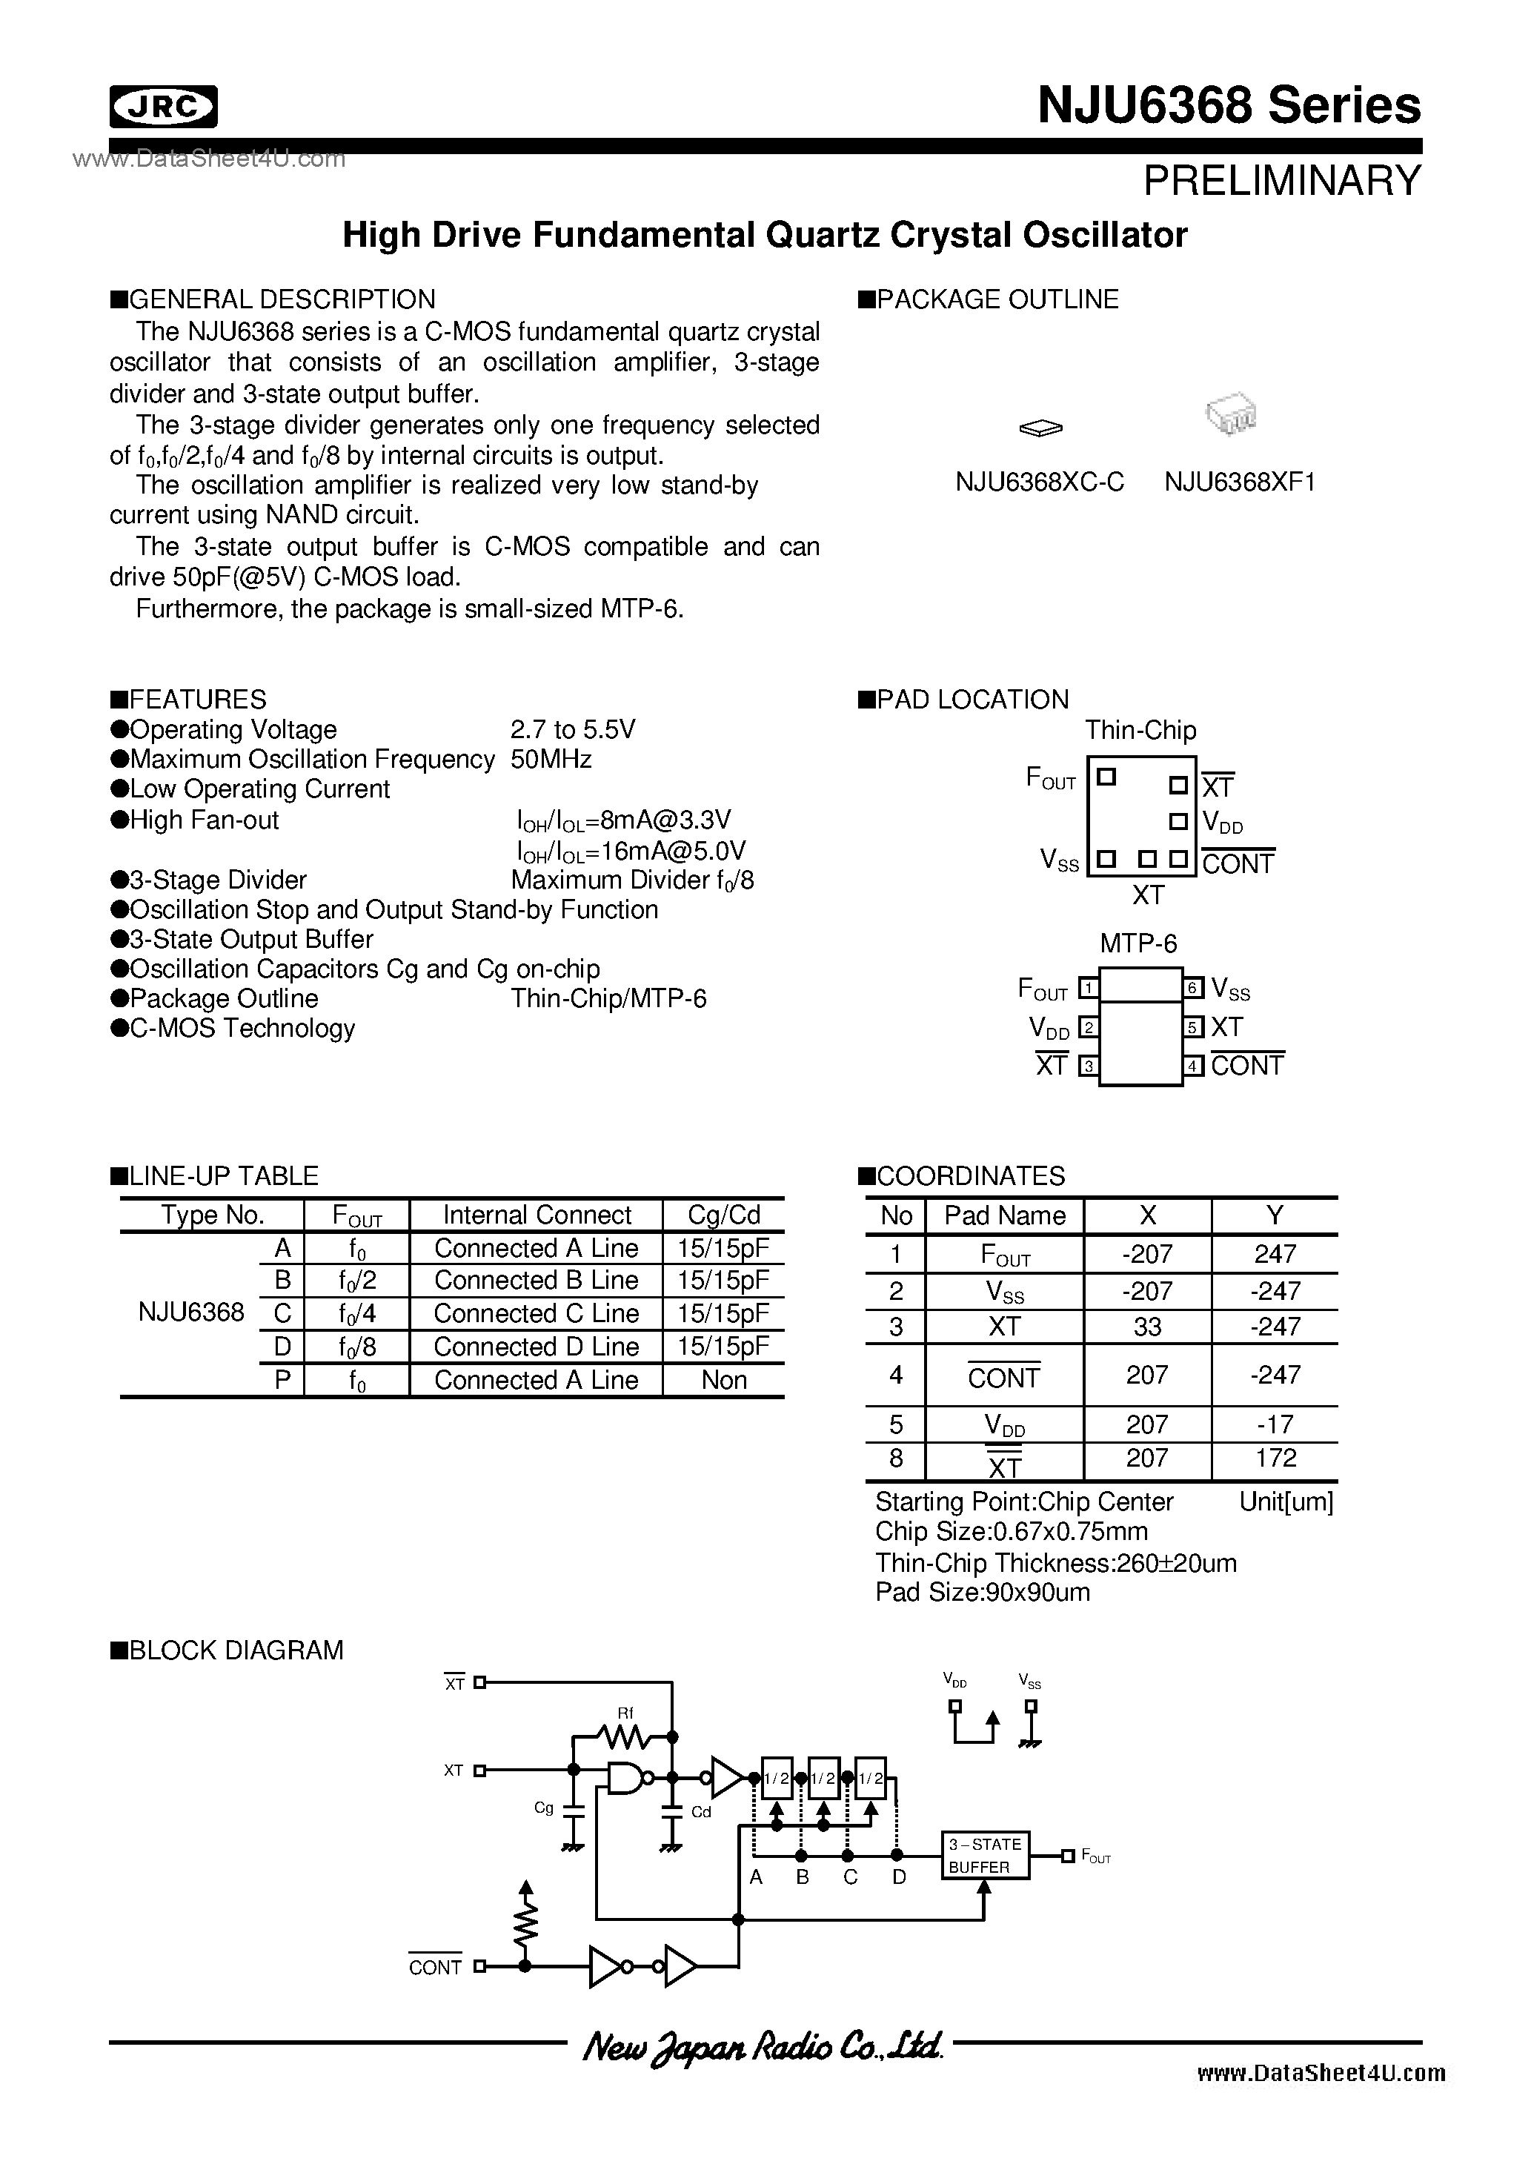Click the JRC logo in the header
click(163, 107)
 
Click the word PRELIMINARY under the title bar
click(1281, 180)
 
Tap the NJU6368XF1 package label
click(1239, 482)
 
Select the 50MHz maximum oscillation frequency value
click(551, 760)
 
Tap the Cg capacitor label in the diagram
click(544, 1808)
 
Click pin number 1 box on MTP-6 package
click(1089, 988)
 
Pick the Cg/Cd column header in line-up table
click(724, 1215)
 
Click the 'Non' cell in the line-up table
click(724, 1380)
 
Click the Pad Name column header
click(1004, 1215)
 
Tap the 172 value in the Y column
click(1275, 1459)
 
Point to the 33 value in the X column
click(1147, 1327)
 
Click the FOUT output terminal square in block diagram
click(1068, 1856)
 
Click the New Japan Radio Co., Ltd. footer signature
click(763, 2046)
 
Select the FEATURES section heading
click(197, 700)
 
